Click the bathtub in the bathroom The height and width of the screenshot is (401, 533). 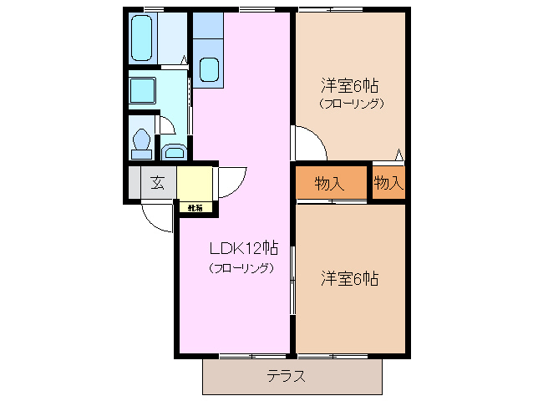click(x=142, y=37)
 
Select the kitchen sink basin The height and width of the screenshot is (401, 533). click(x=209, y=69)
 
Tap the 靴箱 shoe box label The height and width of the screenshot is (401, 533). click(x=195, y=207)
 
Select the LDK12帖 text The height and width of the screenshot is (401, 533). click(x=242, y=248)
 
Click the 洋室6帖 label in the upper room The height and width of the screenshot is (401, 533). click(x=350, y=86)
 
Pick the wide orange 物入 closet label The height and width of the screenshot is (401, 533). click(x=330, y=183)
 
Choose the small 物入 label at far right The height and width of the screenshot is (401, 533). click(x=388, y=182)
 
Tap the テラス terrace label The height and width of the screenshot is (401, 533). click(x=286, y=376)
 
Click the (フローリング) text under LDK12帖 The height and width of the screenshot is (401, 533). click(x=241, y=269)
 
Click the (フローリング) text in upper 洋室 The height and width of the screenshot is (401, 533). click(x=351, y=104)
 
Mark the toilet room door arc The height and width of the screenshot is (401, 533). click(x=165, y=124)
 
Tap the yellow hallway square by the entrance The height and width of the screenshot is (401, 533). click(x=193, y=183)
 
